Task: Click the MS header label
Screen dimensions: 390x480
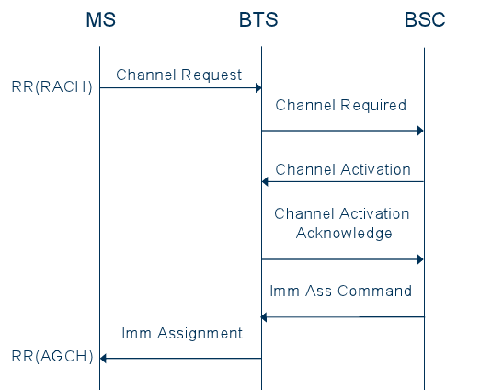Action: [x=99, y=20]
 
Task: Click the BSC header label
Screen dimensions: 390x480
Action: [x=424, y=20]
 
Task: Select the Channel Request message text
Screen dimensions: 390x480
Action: [x=179, y=74]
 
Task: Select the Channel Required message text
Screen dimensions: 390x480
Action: [x=340, y=105]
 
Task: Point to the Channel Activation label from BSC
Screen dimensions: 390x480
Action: [x=343, y=169]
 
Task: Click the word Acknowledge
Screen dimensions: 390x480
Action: [x=344, y=233]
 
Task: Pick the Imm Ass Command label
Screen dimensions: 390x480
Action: [x=340, y=291]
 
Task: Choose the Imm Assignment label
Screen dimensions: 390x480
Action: [x=182, y=333]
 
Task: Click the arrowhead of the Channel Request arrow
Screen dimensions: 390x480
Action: [x=257, y=88]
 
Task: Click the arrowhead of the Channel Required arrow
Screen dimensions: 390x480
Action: [x=419, y=131]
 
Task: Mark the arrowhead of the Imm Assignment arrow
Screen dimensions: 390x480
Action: [x=104, y=358]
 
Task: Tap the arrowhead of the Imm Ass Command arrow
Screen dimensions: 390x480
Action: [x=265, y=317]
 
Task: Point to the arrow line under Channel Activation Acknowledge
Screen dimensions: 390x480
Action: [x=342, y=259]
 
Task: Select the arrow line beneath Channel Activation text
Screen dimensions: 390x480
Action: [x=342, y=181]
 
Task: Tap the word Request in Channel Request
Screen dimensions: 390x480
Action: [x=211, y=74]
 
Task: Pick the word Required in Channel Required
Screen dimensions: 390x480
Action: [x=374, y=105]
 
